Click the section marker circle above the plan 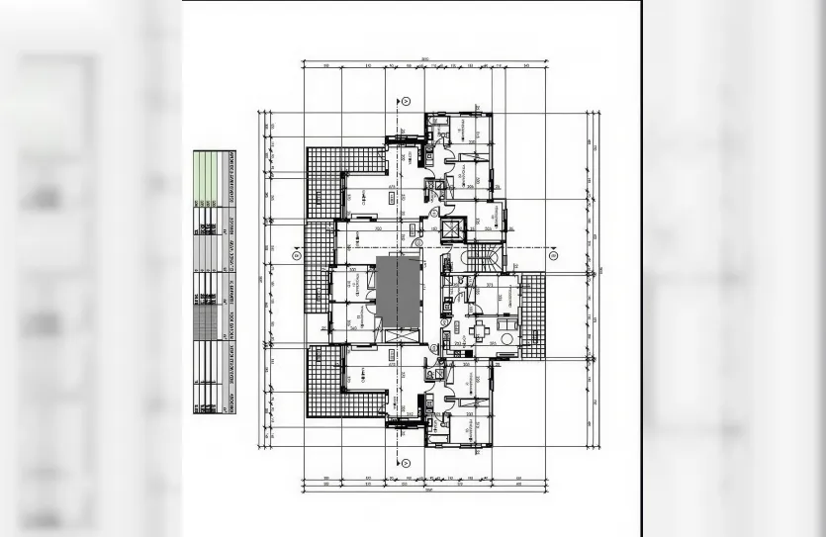click(406, 100)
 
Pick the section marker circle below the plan click(406, 462)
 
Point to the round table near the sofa click(507, 339)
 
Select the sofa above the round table click(507, 319)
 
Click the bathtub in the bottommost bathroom click(436, 436)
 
